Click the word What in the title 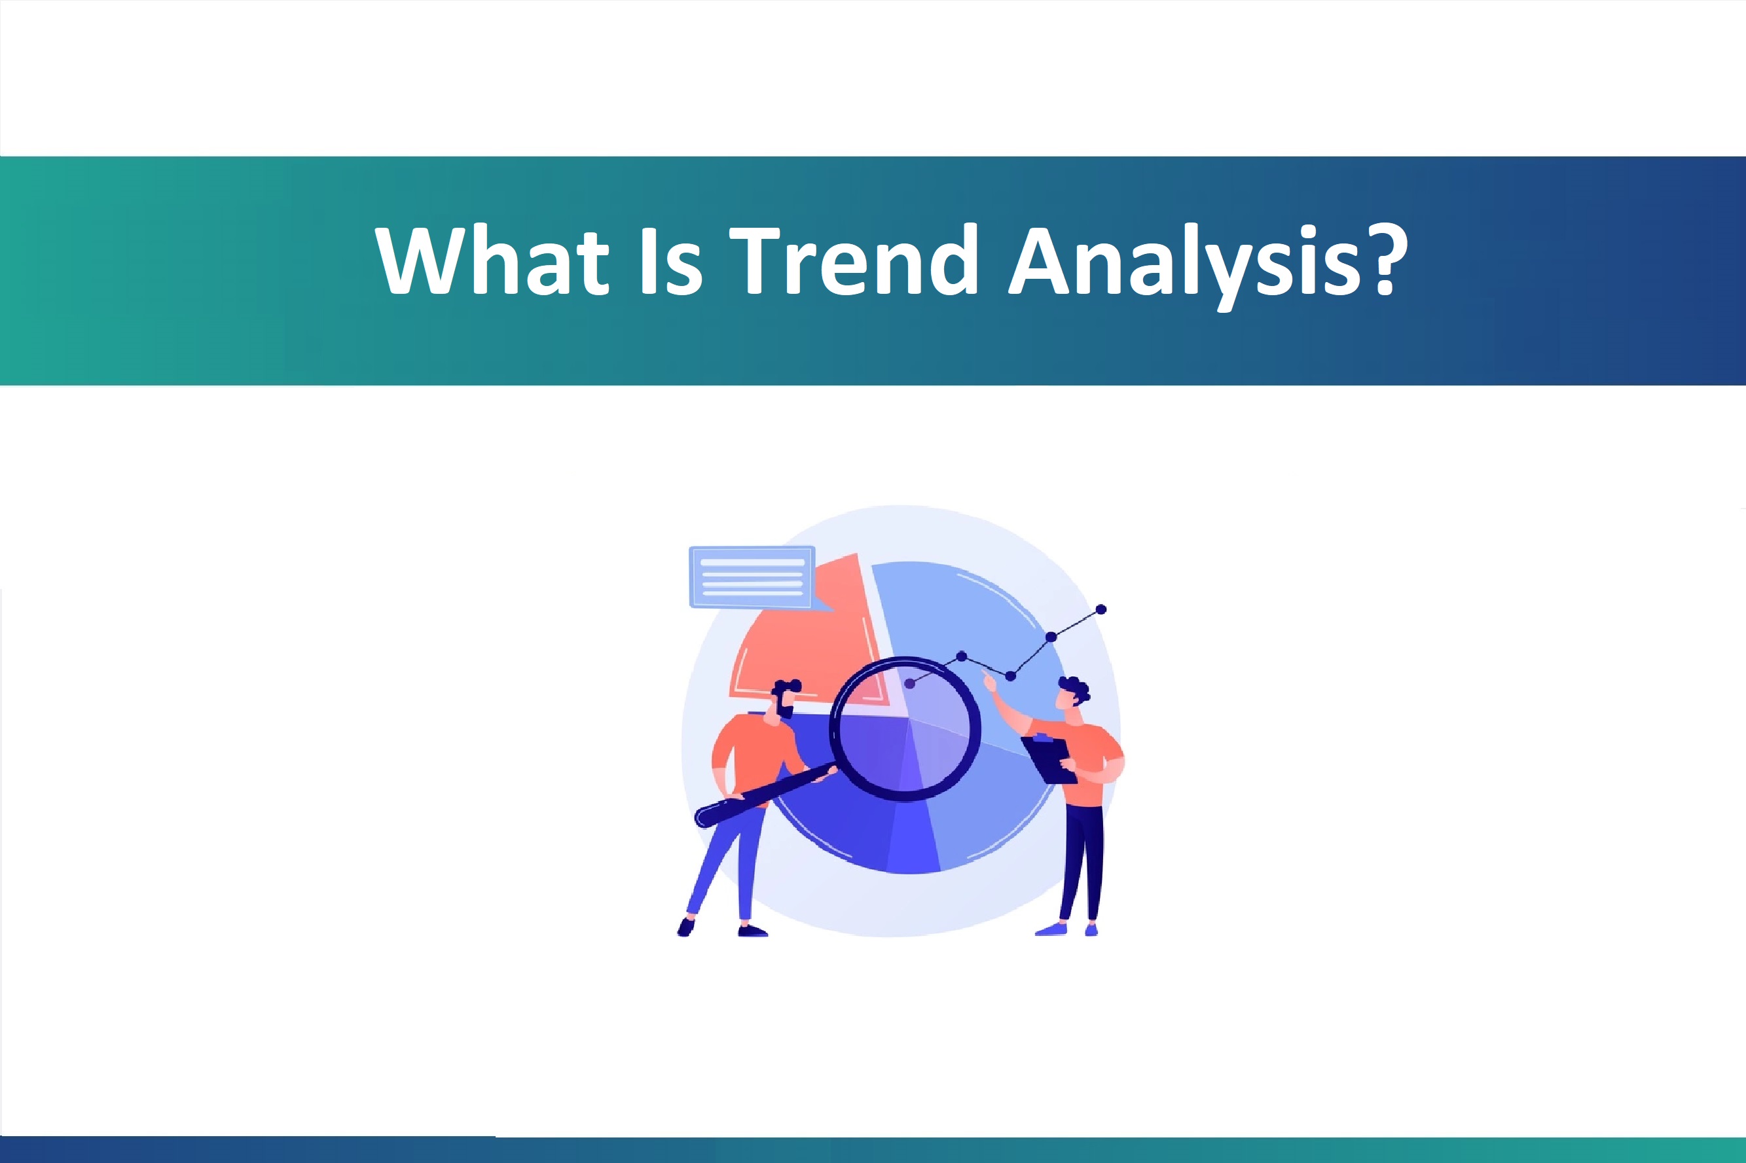492,260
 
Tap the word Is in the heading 670,260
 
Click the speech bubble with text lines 752,577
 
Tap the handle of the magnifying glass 764,797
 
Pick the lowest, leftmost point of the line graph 910,683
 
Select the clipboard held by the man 1049,760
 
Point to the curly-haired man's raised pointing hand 989,680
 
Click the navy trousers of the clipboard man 1082,861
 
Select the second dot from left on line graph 962,656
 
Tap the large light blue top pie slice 964,616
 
